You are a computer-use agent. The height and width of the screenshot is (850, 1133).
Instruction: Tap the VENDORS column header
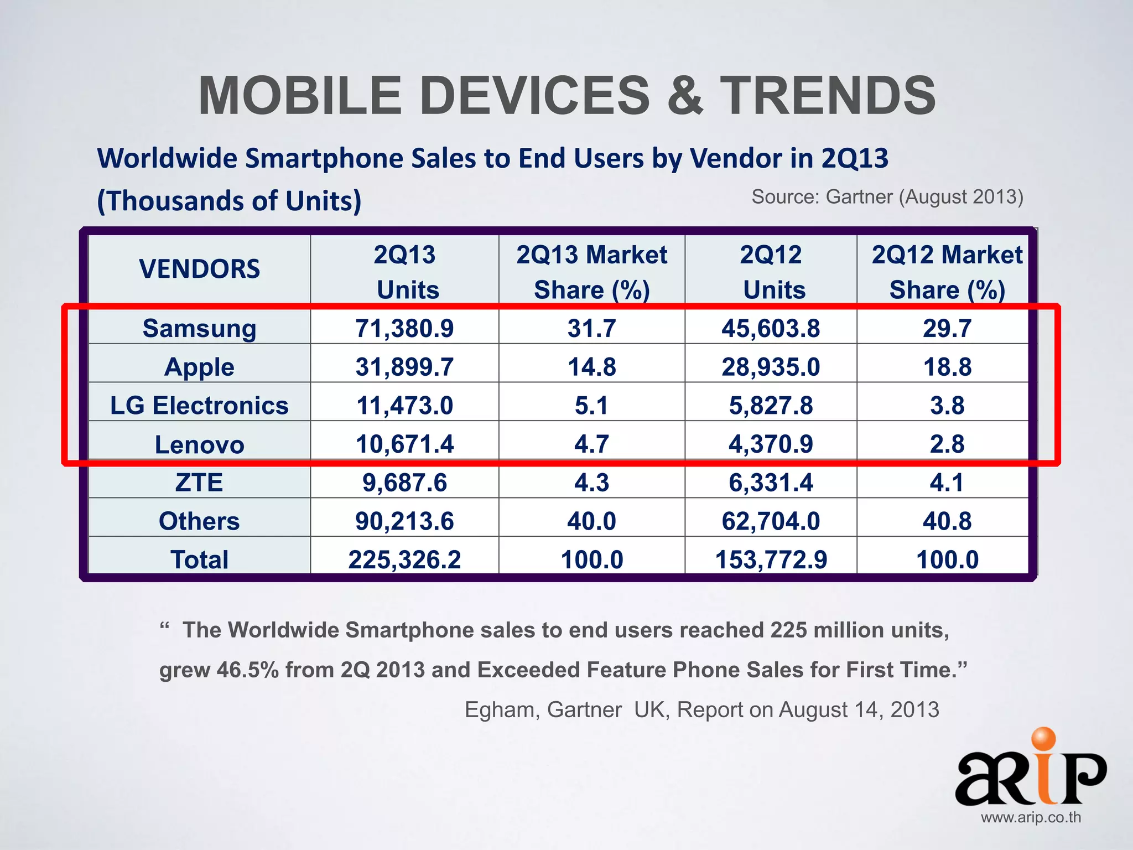[x=199, y=269]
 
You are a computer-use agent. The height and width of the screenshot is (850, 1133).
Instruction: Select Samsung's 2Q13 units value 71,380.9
[x=404, y=328]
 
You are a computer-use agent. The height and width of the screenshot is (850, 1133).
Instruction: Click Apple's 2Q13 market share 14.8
[x=591, y=367]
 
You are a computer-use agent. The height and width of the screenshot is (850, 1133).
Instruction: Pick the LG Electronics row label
[x=199, y=406]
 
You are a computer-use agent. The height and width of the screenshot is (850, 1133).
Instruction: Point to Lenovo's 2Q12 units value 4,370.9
[x=771, y=444]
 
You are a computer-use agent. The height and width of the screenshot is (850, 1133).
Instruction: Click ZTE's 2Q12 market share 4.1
[x=947, y=483]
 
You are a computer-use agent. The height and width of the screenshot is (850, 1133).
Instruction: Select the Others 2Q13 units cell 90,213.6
[x=404, y=521]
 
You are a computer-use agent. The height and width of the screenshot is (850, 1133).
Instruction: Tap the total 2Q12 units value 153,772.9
[x=771, y=559]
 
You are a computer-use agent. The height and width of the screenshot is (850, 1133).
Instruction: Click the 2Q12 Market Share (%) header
[x=947, y=272]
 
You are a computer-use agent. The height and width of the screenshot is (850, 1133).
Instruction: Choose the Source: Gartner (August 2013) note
[x=887, y=197]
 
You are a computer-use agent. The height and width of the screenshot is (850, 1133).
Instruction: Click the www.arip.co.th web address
[x=1031, y=817]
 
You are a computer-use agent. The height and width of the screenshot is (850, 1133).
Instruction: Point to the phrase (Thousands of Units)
[x=229, y=201]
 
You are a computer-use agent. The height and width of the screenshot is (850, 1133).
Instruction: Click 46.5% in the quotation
[x=247, y=670]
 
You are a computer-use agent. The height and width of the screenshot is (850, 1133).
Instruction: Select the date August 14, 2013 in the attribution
[x=859, y=710]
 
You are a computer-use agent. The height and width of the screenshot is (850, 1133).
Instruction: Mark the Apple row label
[x=199, y=367]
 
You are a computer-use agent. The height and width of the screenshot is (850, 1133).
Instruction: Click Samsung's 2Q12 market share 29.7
[x=947, y=328]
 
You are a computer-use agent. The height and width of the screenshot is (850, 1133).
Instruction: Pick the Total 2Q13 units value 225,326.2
[x=404, y=559]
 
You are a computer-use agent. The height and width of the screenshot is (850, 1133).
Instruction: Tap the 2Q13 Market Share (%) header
[x=591, y=272]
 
